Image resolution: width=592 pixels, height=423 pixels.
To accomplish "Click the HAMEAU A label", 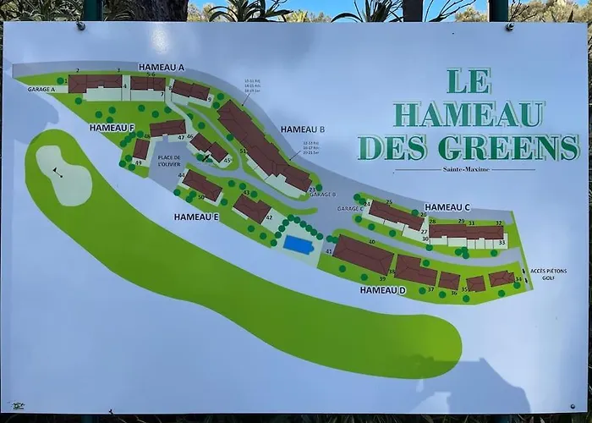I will click(162, 68).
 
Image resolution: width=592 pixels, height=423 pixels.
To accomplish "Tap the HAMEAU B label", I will click(303, 129).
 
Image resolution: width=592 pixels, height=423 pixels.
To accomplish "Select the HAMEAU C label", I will click(447, 207).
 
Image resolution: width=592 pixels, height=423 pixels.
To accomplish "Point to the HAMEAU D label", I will click(382, 290).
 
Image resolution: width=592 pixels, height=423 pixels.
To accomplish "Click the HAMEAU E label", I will click(197, 217).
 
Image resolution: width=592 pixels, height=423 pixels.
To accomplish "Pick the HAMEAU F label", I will click(112, 128).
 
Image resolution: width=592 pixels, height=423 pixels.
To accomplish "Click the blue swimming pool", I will click(297, 244).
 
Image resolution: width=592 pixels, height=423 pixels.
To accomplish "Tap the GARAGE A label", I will click(41, 89).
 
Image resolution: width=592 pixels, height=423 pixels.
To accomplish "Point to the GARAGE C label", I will click(349, 208).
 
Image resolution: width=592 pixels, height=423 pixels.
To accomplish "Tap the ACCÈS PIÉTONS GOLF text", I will click(549, 274).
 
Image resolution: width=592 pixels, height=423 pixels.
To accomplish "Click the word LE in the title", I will click(466, 80).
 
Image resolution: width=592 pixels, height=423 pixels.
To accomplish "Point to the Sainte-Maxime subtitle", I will click(464, 169).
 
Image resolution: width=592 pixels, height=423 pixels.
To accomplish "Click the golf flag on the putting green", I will click(58, 172).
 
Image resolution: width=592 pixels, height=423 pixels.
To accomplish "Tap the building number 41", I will click(328, 251).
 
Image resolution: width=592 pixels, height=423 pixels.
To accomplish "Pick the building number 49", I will click(138, 162).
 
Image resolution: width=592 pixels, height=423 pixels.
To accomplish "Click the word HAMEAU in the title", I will click(469, 113).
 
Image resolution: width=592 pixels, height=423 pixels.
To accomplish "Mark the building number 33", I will click(502, 243).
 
